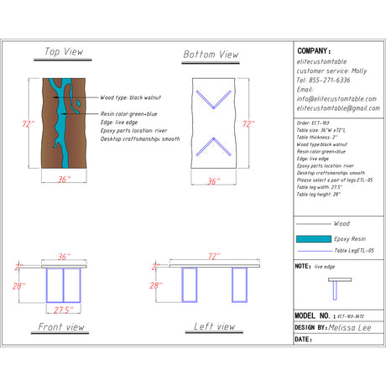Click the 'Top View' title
tap(64, 52)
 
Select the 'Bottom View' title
tap(211, 55)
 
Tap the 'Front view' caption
tap(61, 326)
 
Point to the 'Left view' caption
tap(214, 326)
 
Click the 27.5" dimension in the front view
tap(62, 310)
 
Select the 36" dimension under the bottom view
tap(213, 180)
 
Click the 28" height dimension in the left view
tap(155, 285)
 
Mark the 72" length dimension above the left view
tap(214, 256)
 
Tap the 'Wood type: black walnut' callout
tap(131, 98)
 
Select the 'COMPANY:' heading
tap(315, 50)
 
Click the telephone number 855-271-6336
tap(326, 81)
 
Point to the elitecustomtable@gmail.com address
tap(338, 108)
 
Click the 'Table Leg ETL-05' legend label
tap(353, 251)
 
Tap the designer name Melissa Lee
tap(353, 328)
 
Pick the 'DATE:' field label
tap(304, 340)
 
